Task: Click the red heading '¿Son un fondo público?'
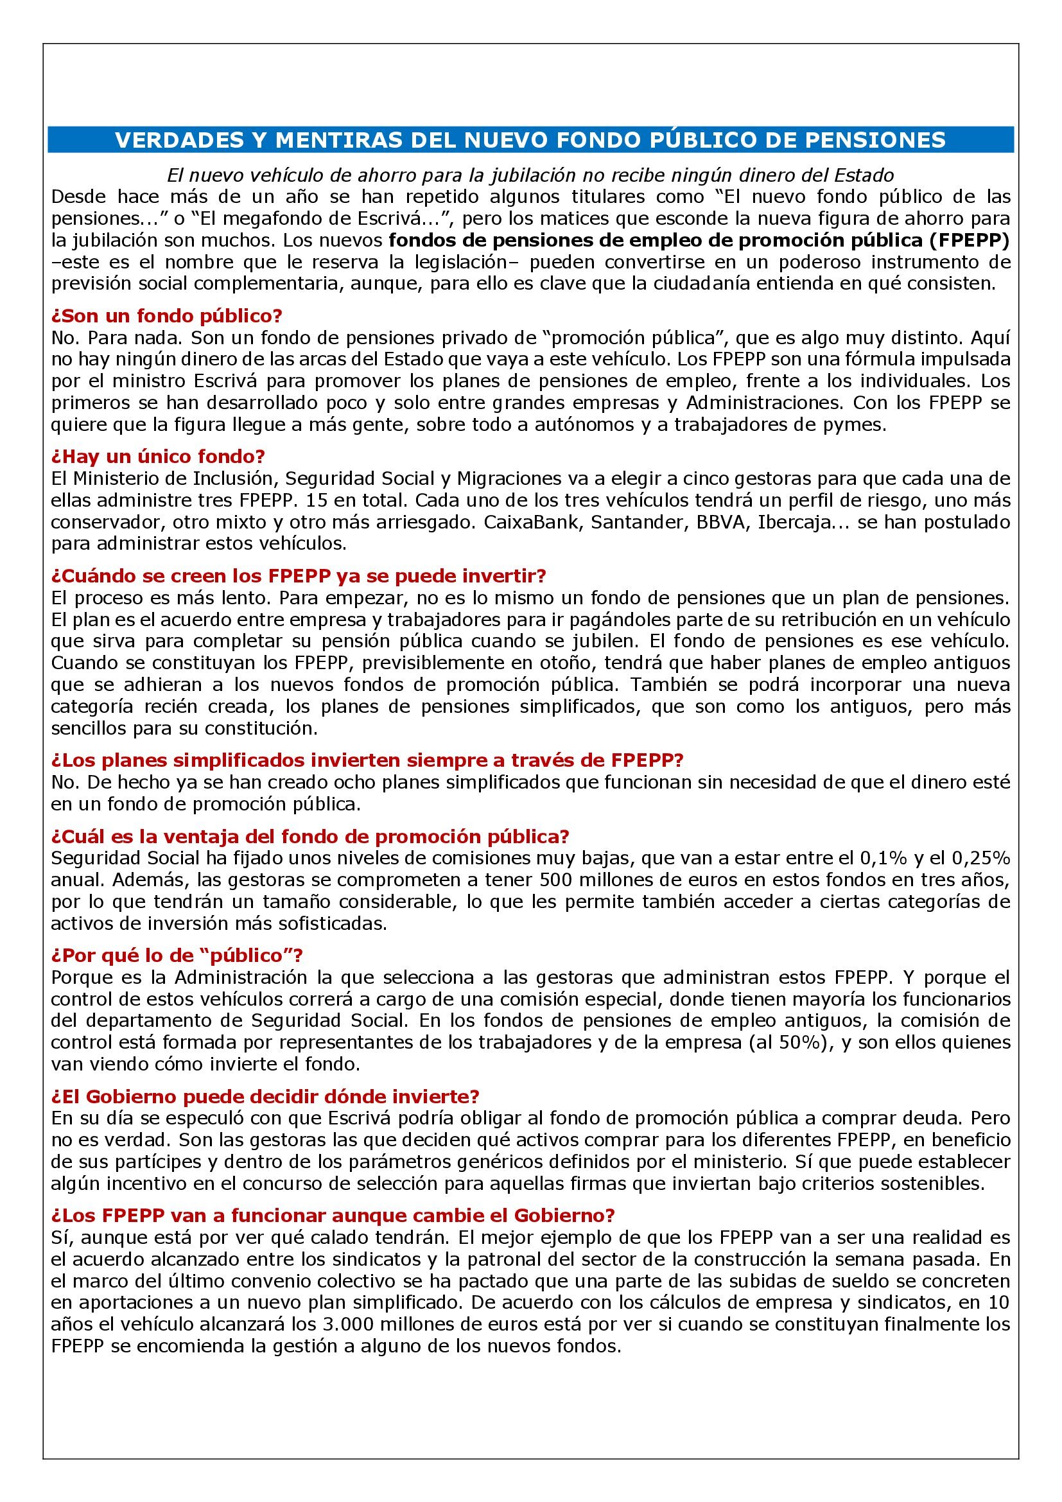(166, 316)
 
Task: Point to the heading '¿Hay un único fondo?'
(157, 456)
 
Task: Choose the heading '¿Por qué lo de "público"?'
(177, 955)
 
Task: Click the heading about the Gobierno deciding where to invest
(265, 1096)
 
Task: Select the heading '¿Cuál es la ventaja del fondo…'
(310, 836)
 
